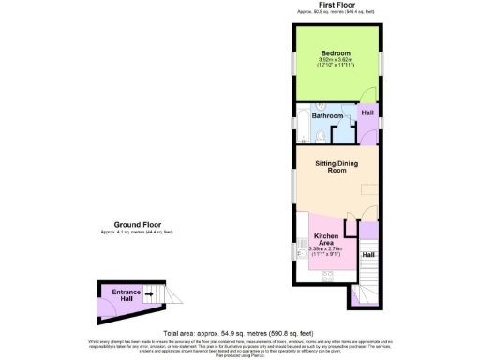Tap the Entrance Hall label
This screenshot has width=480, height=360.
click(127, 295)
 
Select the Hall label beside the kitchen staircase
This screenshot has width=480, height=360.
click(368, 255)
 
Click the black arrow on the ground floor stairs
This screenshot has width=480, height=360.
click(149, 294)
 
